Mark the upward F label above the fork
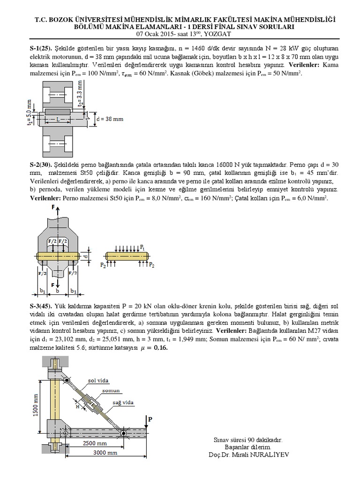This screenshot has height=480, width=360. (x=53, y=207)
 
